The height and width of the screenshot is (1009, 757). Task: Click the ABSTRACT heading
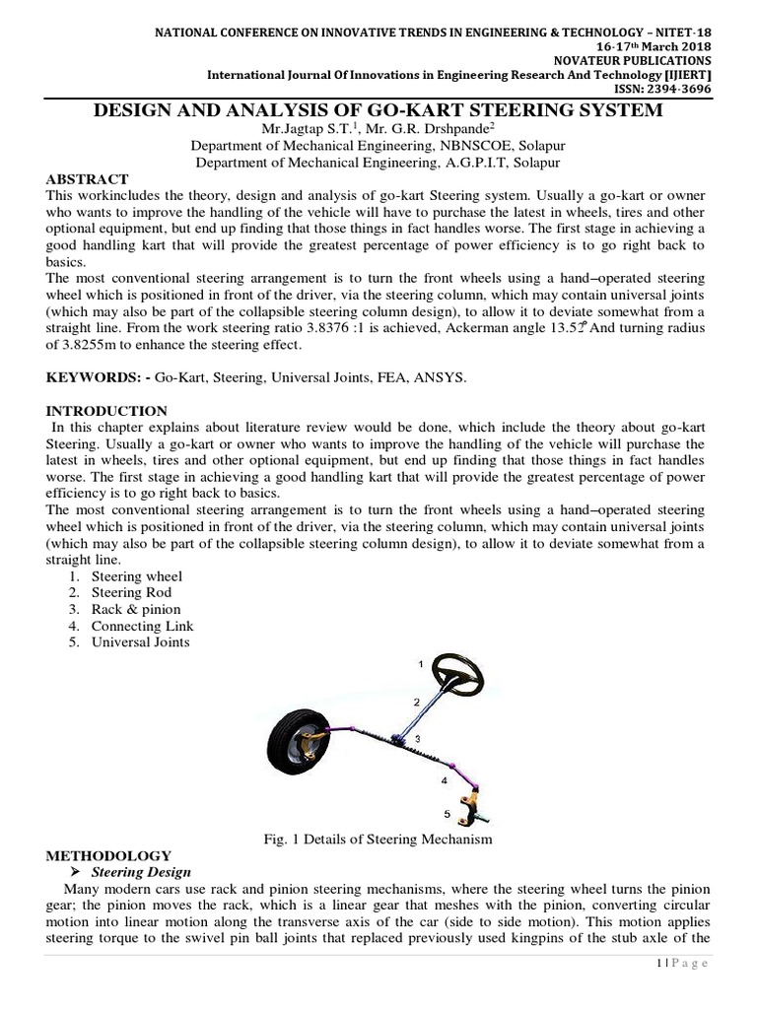pyautogui.click(x=87, y=179)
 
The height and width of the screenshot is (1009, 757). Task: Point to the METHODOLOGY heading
pyautogui.click(x=107, y=855)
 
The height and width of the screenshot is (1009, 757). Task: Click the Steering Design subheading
pyautogui.click(x=141, y=872)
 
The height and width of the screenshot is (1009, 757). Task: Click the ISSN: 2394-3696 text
pyautogui.click(x=661, y=87)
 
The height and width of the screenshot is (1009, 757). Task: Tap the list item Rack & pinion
pyautogui.click(x=136, y=609)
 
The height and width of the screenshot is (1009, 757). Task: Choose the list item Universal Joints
pyautogui.click(x=140, y=642)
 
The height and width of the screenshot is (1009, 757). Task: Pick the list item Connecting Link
pyautogui.click(x=142, y=626)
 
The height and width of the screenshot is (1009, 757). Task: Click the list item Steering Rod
pyautogui.click(x=131, y=592)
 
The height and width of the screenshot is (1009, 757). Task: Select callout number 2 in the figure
pyautogui.click(x=417, y=702)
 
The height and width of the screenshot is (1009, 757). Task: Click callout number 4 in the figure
pyautogui.click(x=445, y=779)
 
